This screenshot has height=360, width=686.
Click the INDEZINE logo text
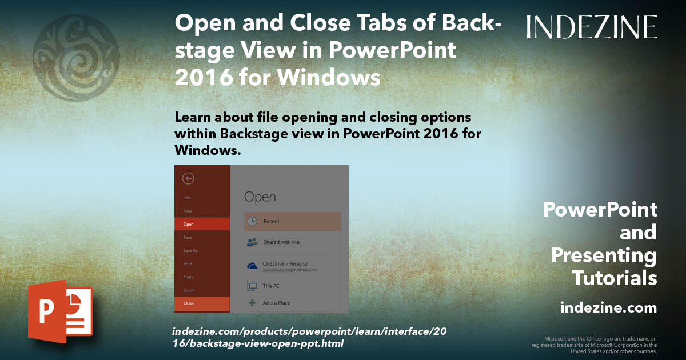[x=592, y=27]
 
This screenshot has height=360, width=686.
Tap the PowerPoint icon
[x=61, y=312]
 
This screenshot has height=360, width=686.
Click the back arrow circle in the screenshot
[x=188, y=178]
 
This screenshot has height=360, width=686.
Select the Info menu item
[x=187, y=198]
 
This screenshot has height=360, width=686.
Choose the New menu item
[x=188, y=211]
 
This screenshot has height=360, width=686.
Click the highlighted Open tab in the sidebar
[x=189, y=224]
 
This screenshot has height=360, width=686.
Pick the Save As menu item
[x=190, y=250]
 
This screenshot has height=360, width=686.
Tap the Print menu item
[x=188, y=263]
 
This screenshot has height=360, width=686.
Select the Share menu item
[x=188, y=277]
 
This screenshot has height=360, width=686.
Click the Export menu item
[x=189, y=290]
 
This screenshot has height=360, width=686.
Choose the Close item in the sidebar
[x=189, y=303]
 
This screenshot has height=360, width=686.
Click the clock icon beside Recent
[x=252, y=221]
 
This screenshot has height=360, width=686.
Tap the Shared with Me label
[x=281, y=242]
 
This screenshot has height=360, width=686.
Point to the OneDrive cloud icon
[x=252, y=266]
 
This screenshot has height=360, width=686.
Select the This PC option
[x=271, y=285]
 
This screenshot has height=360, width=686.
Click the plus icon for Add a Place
[x=252, y=303]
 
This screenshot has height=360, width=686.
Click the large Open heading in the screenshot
[x=260, y=197]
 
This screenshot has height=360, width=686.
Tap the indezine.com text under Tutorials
[x=608, y=308]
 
